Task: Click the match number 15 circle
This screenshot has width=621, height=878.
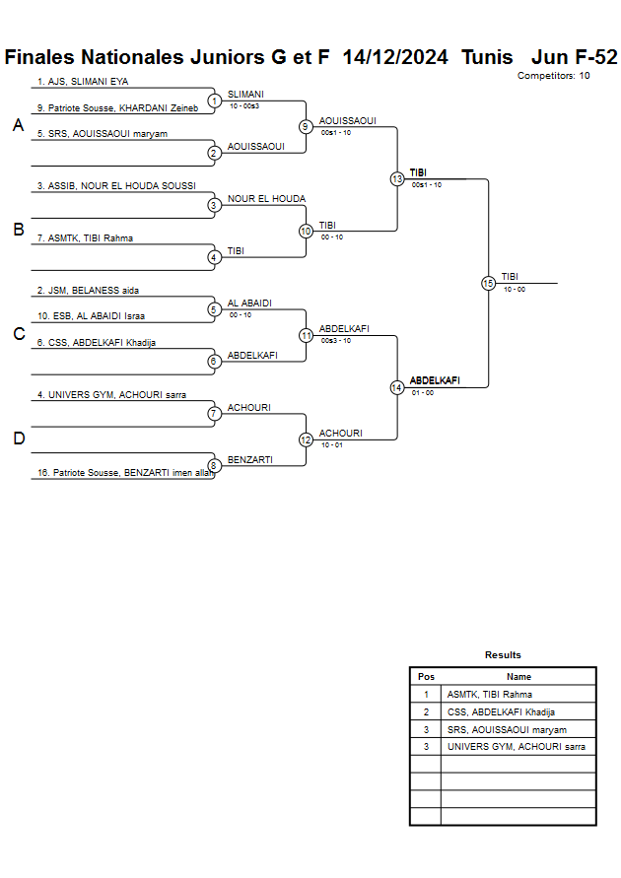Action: coord(488,283)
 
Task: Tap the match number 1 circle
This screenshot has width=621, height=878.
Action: coord(214,101)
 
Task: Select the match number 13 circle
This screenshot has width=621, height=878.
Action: coord(397,179)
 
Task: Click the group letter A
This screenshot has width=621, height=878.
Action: coord(18,125)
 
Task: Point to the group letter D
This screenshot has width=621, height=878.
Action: coord(18,439)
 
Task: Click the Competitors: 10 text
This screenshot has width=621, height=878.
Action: coord(553,76)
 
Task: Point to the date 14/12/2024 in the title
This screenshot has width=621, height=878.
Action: coord(395,57)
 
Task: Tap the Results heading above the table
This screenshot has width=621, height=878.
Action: coord(503,655)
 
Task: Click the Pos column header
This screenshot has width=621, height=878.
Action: coord(426,677)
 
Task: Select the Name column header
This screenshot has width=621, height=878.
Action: coord(518,677)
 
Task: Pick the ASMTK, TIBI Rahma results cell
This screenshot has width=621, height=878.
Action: coord(489,694)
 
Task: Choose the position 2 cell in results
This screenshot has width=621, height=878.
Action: coord(426,711)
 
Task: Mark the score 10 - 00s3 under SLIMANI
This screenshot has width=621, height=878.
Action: coord(244,105)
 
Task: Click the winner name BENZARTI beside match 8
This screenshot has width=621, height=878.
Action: coord(249,459)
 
